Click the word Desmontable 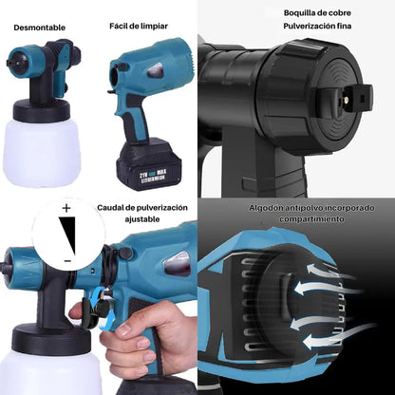(39, 27)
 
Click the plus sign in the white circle (66, 207)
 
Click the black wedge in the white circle (66, 234)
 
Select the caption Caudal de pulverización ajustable (142, 213)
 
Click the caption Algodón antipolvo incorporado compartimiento (295, 213)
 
